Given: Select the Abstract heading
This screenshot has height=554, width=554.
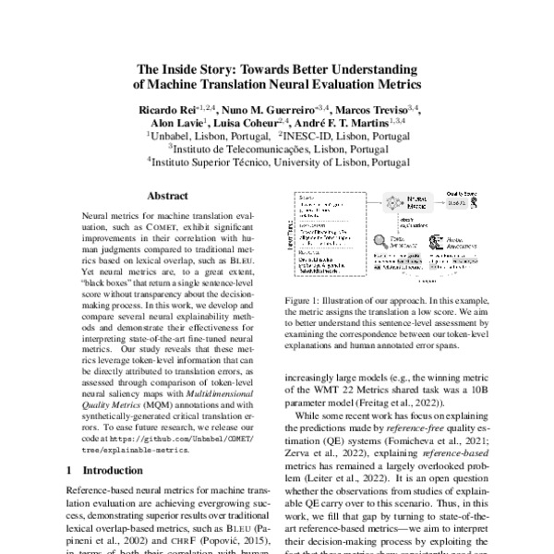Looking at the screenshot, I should [x=168, y=197].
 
